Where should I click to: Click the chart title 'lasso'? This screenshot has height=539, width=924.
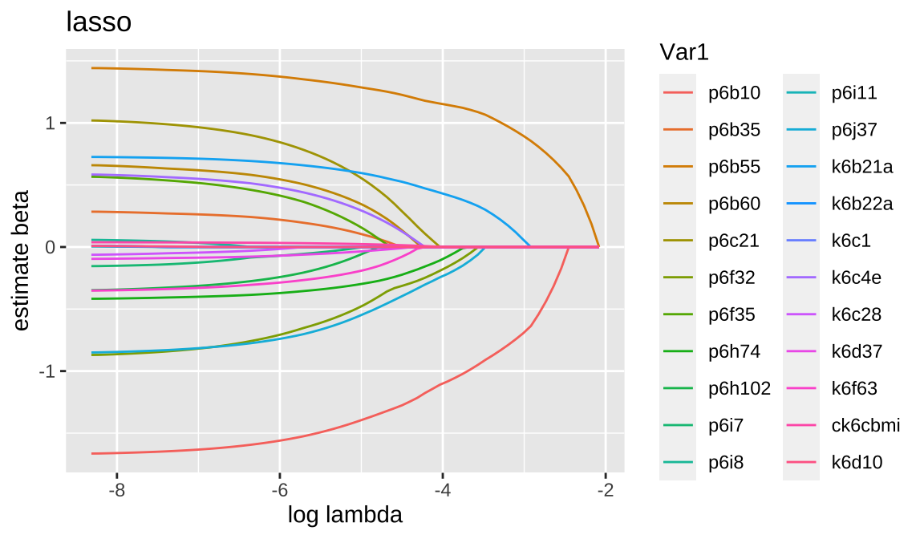click(x=98, y=22)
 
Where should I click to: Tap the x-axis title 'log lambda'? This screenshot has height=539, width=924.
click(x=345, y=515)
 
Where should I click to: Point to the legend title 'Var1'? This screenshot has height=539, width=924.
click(x=684, y=52)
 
